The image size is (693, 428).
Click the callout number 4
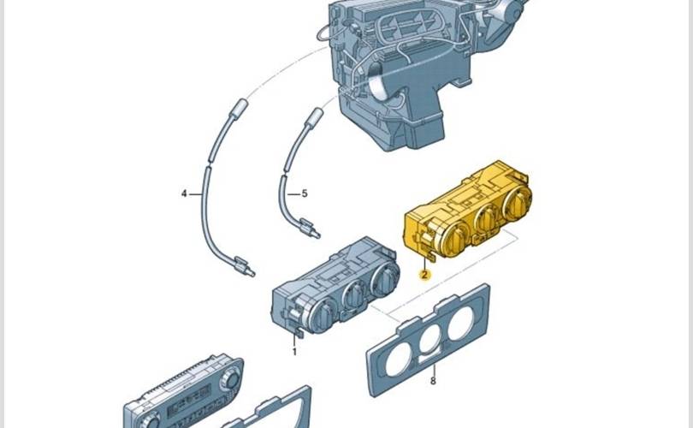(184, 193)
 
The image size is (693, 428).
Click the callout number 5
(305, 193)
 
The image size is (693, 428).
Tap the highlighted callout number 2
(424, 275)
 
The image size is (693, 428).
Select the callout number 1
(295, 352)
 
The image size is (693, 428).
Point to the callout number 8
(433, 381)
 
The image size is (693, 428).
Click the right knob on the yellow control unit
(518, 203)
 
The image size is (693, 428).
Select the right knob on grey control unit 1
(384, 279)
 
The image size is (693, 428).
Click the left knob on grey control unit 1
(324, 315)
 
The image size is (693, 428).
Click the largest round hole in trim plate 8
(461, 324)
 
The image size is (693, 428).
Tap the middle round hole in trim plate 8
(432, 340)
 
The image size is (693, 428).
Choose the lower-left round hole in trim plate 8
(400, 359)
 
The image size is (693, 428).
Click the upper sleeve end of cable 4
(238, 108)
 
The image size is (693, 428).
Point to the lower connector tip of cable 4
(252, 273)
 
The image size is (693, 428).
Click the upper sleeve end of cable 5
(314, 116)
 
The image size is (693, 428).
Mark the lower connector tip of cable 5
(317, 235)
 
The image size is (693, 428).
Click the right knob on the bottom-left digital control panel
(232, 377)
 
